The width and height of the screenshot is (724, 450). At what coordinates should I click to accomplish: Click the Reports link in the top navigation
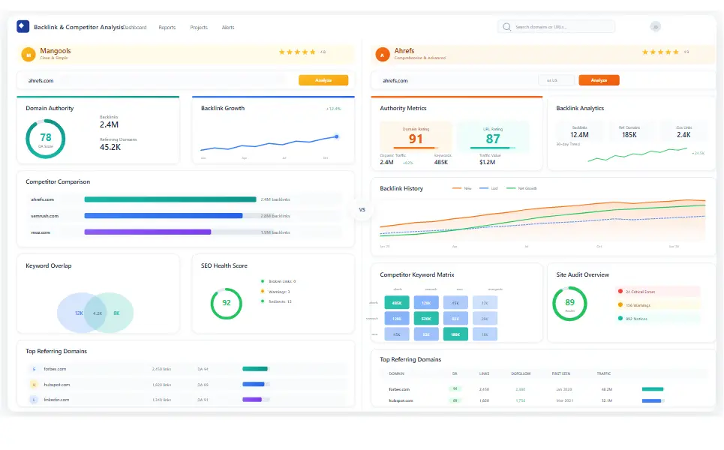(x=167, y=28)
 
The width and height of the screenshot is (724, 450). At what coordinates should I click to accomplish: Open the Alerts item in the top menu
(x=228, y=28)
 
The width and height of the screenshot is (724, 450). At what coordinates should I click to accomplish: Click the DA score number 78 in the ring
(x=46, y=138)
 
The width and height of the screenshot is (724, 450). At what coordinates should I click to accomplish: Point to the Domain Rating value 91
(x=416, y=139)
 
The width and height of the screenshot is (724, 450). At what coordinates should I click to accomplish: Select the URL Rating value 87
(x=493, y=139)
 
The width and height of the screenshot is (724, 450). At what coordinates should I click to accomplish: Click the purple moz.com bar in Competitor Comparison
(x=148, y=232)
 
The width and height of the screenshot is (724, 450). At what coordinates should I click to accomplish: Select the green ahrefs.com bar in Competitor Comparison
(x=170, y=199)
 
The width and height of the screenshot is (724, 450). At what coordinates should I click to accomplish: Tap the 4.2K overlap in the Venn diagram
(x=97, y=313)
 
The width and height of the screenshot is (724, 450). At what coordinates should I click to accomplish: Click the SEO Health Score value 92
(x=226, y=303)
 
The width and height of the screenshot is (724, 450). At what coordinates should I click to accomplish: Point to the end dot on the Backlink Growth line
(x=336, y=136)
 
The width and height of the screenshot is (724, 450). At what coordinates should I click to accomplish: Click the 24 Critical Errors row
(x=657, y=292)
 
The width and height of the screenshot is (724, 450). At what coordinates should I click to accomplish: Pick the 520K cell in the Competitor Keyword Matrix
(x=425, y=319)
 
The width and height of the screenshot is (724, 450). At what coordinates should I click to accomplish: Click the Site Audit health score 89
(x=569, y=303)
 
